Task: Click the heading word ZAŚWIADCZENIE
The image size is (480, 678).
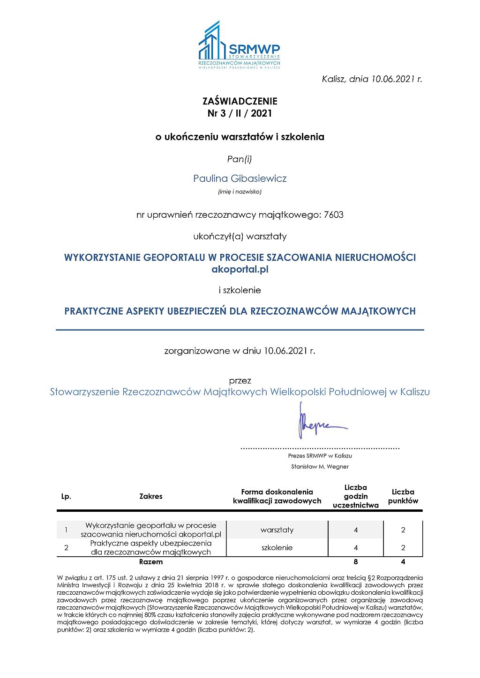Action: coord(240,101)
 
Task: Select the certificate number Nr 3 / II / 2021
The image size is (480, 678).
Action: coord(240,113)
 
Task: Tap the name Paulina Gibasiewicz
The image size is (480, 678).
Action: coord(240,178)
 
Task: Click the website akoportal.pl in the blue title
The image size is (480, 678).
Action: coord(240,269)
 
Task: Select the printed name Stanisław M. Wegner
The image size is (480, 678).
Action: coord(320,466)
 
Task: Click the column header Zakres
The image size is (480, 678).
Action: coord(151,496)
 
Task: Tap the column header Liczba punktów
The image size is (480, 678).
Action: coord(403,496)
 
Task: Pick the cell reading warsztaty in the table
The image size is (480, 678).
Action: coord(277,530)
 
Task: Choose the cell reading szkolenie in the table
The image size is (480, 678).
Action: coord(277,548)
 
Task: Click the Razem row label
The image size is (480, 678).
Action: coord(151,562)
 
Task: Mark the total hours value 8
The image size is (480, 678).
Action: coord(356,562)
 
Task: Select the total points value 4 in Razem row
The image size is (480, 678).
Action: coord(403,562)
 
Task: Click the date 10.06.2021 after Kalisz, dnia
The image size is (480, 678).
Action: coord(393,79)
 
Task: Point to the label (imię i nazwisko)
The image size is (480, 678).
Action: coord(240,192)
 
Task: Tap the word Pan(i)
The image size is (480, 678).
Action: coord(240,159)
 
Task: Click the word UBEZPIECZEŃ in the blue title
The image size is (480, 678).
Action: coord(197,311)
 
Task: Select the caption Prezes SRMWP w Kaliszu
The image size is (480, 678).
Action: coord(320,456)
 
